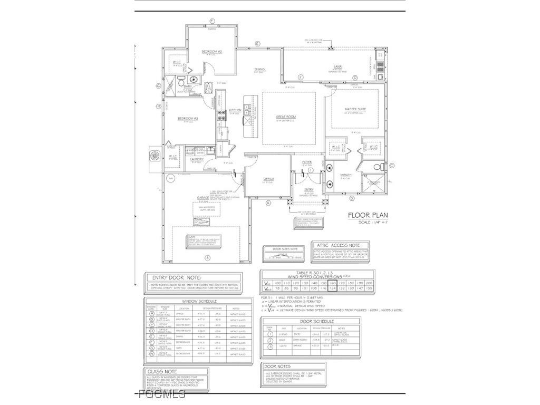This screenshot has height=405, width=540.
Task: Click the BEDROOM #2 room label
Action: pyautogui.click(x=211, y=52)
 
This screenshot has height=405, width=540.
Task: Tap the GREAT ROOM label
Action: pyautogui.click(x=286, y=117)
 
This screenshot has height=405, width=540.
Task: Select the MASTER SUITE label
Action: pyautogui.click(x=355, y=109)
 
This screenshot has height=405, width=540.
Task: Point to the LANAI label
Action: pyautogui.click(x=338, y=67)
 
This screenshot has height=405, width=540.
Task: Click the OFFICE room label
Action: pyautogui.click(x=268, y=179)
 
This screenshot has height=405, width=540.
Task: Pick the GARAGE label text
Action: pyautogui.click(x=203, y=198)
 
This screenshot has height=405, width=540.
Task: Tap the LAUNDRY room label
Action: pyautogui.click(x=197, y=159)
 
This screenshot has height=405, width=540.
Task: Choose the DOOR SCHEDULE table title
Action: pyautogui.click(x=316, y=321)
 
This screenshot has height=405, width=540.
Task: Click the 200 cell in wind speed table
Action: pyautogui.click(x=369, y=283)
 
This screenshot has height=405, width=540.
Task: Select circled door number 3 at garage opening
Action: pyautogui.click(x=207, y=258)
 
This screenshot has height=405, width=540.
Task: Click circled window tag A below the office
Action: pyautogui.click(x=268, y=202)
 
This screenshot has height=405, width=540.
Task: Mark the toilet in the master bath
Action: pyautogui.click(x=377, y=168)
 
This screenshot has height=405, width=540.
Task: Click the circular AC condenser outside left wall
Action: pyautogui.click(x=155, y=157)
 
